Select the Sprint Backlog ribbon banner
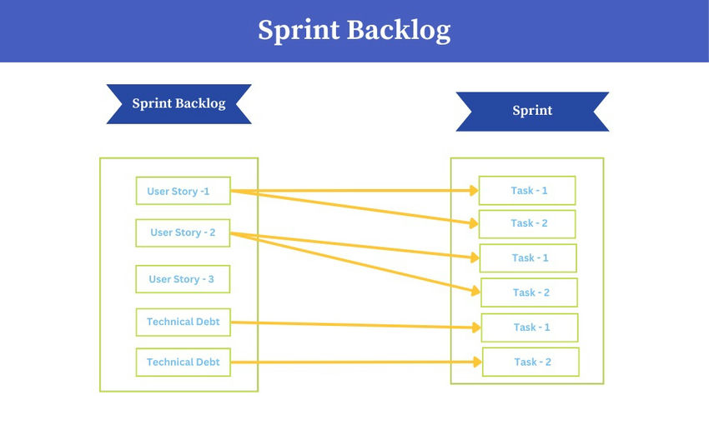coord(179,104)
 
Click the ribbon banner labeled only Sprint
coord(532,111)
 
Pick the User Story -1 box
coord(183,191)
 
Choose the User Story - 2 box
coord(183,232)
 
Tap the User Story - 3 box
coord(183,279)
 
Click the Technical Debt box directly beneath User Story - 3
coord(183,322)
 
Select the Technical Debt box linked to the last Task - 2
coord(183,362)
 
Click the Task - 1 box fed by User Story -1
coord(527,191)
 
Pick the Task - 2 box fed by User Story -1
coord(527,223)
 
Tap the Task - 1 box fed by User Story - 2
coord(528,257)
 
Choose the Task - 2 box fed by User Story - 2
coord(530,292)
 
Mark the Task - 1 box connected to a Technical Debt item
coord(530,327)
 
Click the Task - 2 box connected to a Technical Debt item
coord(531,362)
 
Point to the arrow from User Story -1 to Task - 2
coord(359,207)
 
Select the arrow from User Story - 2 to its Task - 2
coord(359,263)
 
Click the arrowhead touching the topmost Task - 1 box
coord(473,191)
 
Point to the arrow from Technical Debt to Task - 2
coord(359,362)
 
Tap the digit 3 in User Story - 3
coord(211,279)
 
